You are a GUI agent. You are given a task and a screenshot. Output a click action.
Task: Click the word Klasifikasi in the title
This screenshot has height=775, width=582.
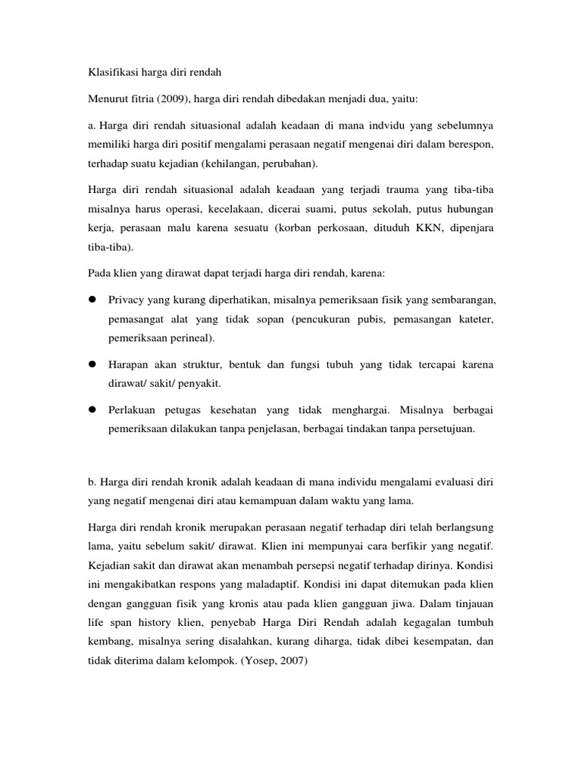click(106, 74)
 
